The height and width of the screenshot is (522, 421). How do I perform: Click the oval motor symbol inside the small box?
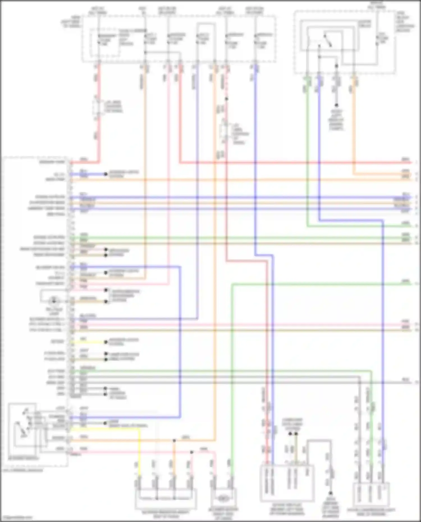(223, 498)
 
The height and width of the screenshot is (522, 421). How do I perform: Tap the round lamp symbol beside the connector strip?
(54, 301)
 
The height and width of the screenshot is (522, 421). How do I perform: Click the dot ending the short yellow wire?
(106, 342)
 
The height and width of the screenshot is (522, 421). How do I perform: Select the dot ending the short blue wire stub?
(106, 174)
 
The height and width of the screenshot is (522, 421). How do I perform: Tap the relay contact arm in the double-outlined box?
(328, 41)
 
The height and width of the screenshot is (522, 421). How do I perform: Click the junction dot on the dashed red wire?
(226, 99)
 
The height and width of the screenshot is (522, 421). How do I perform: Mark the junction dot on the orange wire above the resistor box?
(174, 441)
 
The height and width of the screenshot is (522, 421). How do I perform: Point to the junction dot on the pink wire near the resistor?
(192, 452)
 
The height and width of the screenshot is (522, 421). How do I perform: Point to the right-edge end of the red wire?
(410, 162)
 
